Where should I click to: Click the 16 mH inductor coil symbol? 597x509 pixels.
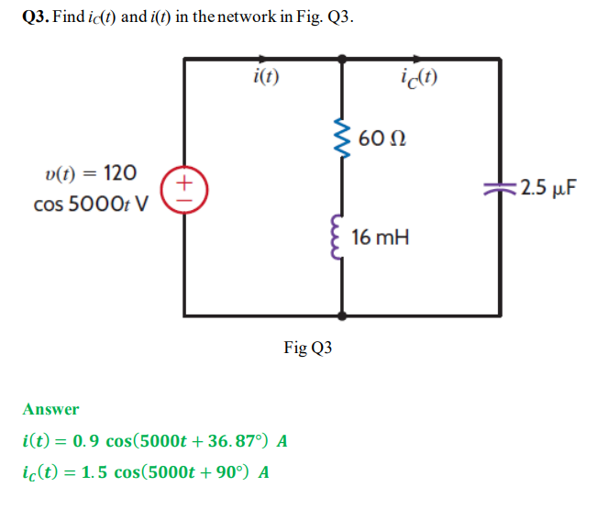pyautogui.click(x=343, y=238)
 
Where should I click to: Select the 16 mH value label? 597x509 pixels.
pyautogui.click(x=380, y=238)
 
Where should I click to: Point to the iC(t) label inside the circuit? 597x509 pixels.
pyautogui.click(x=420, y=79)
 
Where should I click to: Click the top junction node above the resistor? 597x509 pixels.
pyautogui.click(x=343, y=59)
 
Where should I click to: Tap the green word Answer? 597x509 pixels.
pyautogui.click(x=50, y=409)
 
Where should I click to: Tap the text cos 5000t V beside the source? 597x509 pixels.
pyautogui.click(x=92, y=204)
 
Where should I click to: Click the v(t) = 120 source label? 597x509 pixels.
pyautogui.click(x=91, y=172)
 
